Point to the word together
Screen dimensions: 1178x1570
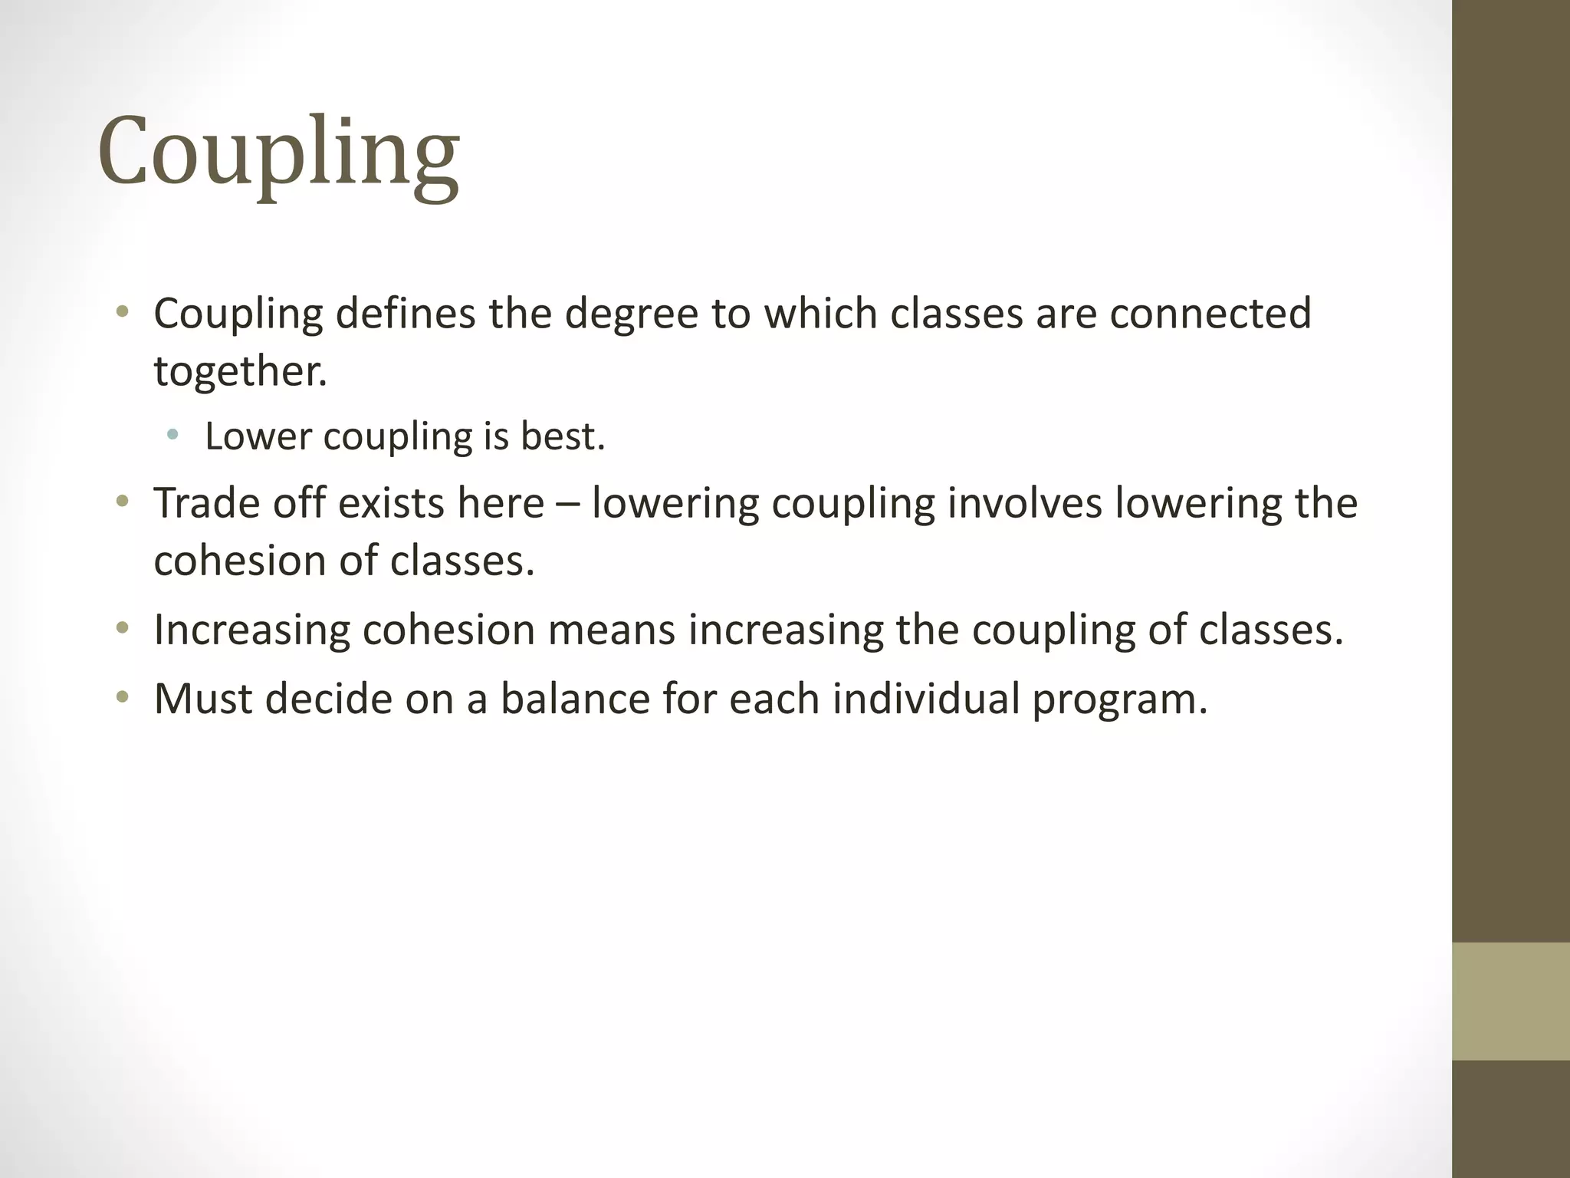coord(240,371)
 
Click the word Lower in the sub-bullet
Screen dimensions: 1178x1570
coord(258,436)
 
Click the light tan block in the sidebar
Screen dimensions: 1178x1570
coord(1511,1001)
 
